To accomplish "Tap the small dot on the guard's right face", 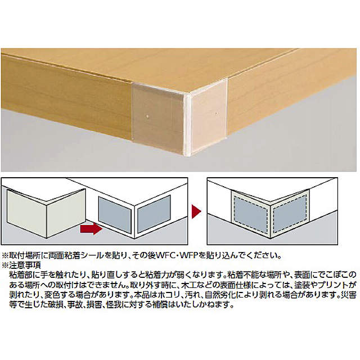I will (x=217, y=115).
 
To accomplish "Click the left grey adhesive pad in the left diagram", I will (x=113, y=214).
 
